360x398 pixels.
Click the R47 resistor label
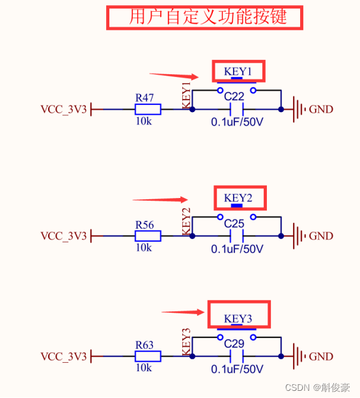coord(145,98)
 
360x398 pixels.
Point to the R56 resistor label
coord(145,225)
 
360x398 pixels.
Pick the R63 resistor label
coord(145,345)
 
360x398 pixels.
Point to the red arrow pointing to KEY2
coord(160,200)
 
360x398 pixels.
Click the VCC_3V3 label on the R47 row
coord(64,109)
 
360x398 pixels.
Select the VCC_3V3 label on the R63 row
coord(64,357)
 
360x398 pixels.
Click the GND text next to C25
coord(321,236)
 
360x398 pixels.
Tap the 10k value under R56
coord(143,248)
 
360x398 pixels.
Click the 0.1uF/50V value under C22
coord(237,122)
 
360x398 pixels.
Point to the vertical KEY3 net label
coord(186,342)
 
